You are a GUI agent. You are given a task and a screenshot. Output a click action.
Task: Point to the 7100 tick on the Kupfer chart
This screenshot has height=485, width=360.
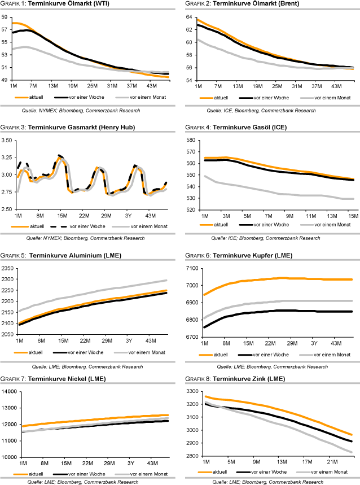(191, 268)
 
